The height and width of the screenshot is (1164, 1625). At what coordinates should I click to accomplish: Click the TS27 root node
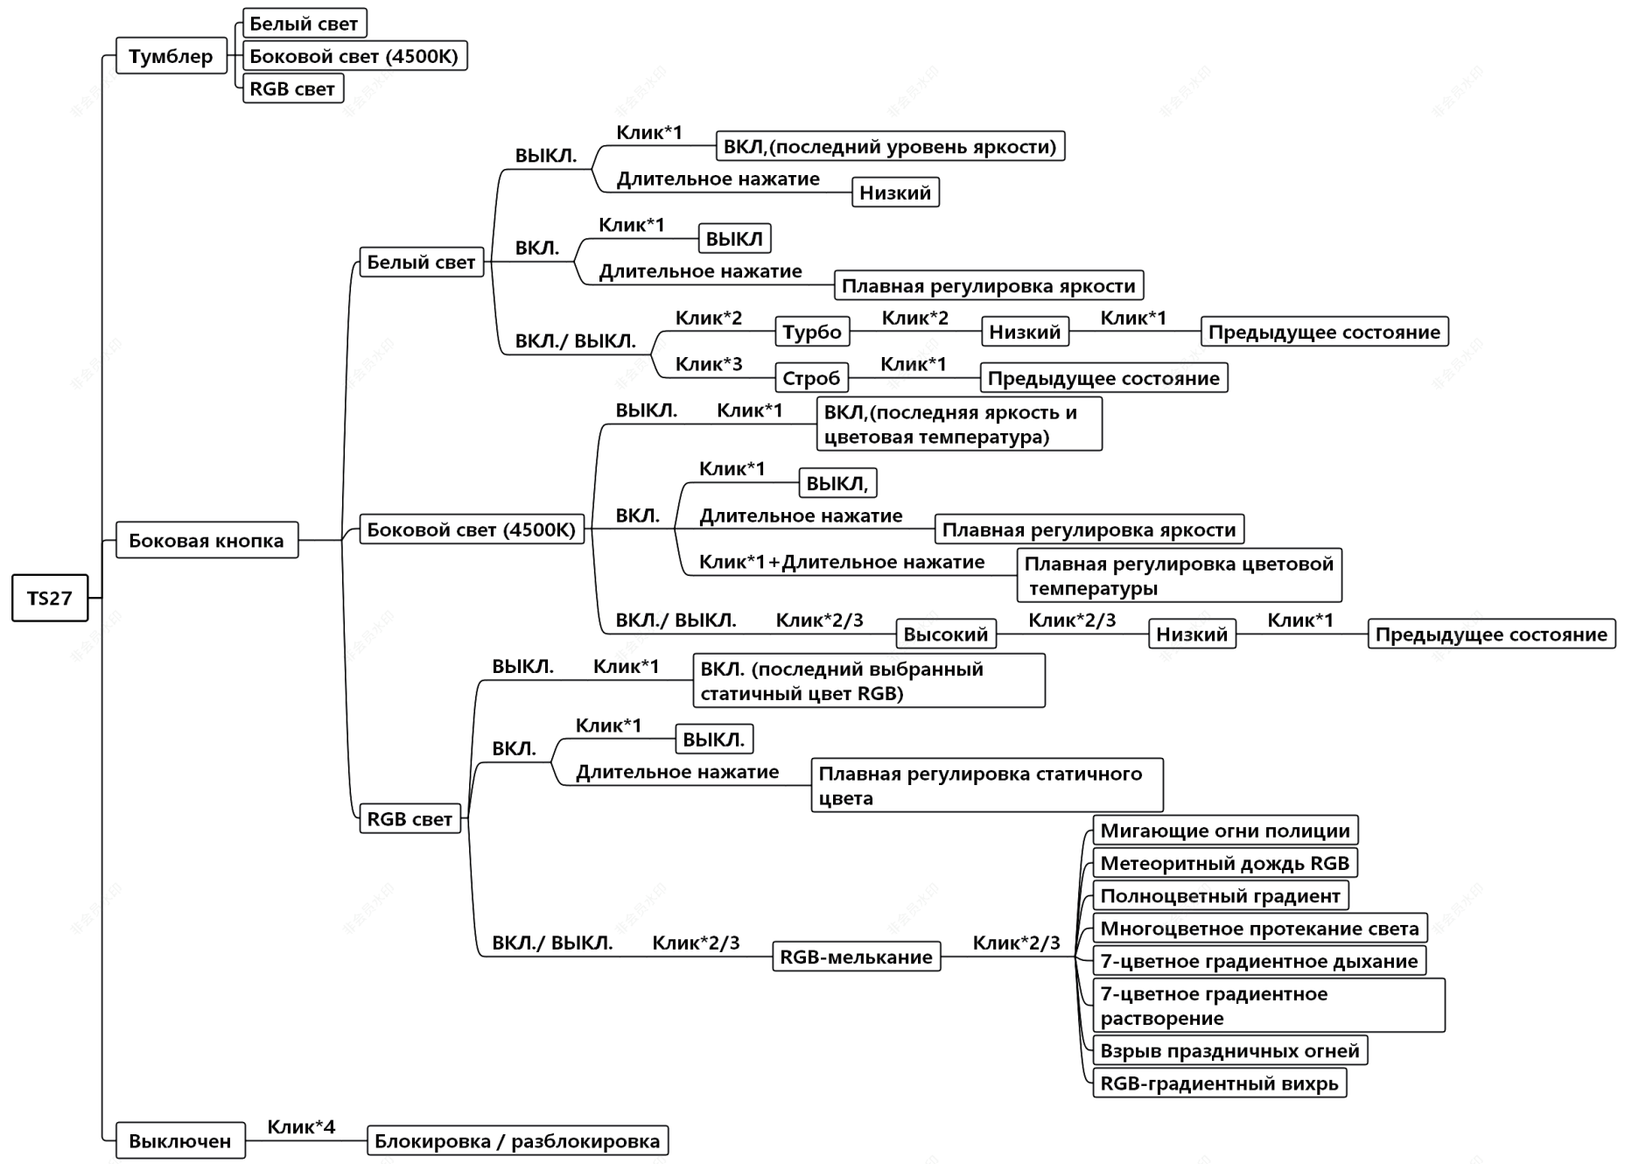pos(50,598)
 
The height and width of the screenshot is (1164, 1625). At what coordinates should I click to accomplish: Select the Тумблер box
pos(171,56)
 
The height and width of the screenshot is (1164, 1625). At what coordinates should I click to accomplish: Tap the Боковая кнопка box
pos(207,540)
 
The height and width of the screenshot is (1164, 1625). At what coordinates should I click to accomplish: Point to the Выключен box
pos(180,1140)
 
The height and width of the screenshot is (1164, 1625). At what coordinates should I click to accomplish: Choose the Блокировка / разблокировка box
pos(517,1140)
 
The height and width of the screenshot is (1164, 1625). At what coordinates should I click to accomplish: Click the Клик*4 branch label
pos(301,1126)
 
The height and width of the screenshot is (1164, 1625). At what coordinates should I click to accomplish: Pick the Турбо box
pos(812,332)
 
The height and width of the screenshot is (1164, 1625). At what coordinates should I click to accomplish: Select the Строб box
pos(811,378)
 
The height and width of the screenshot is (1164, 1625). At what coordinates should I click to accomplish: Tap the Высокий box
pos(945,634)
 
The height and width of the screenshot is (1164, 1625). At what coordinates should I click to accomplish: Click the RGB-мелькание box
pos(856,957)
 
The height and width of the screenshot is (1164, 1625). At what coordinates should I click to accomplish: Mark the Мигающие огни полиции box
pos(1225,831)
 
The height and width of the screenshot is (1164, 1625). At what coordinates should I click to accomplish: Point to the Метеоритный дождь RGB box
pos(1225,863)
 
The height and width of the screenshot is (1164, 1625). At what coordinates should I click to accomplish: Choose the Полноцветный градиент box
pos(1220,895)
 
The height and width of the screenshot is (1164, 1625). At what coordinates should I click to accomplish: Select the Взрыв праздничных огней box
pos(1229,1050)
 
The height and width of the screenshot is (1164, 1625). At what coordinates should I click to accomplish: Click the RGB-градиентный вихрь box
pos(1219,1083)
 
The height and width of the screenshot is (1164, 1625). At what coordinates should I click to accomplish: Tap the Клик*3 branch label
pos(709,363)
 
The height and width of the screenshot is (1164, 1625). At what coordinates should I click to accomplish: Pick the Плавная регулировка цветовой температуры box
pos(1179,575)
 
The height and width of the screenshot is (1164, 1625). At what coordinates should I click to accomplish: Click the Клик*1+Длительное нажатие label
pos(842,562)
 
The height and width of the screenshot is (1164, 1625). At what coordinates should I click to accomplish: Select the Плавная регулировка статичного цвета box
pos(986,785)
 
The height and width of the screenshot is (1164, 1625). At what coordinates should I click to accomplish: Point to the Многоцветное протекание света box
pos(1259,928)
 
